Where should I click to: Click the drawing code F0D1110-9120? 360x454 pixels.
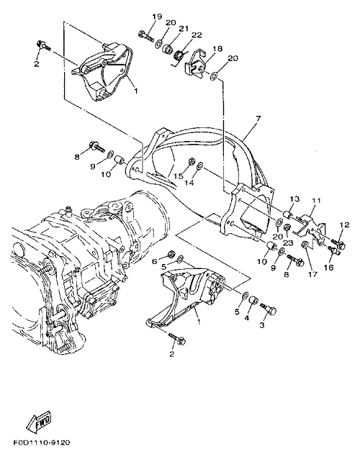click(42, 443)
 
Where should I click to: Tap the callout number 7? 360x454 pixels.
click(258, 118)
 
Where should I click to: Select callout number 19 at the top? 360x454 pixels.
click(157, 17)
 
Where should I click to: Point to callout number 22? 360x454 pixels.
click(197, 35)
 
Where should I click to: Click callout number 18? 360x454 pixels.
click(217, 48)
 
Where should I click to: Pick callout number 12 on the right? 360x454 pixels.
click(345, 224)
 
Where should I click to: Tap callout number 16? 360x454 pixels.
click(329, 267)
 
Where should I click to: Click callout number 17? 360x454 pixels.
click(312, 274)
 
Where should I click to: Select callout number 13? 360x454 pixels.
click(294, 199)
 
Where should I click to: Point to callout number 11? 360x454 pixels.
click(317, 200)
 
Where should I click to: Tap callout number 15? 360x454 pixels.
click(179, 176)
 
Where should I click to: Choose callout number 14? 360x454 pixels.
click(189, 183)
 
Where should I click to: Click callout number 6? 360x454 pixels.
click(155, 261)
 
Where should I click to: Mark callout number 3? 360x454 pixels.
click(262, 325)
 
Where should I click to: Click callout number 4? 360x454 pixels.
click(247, 318)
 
